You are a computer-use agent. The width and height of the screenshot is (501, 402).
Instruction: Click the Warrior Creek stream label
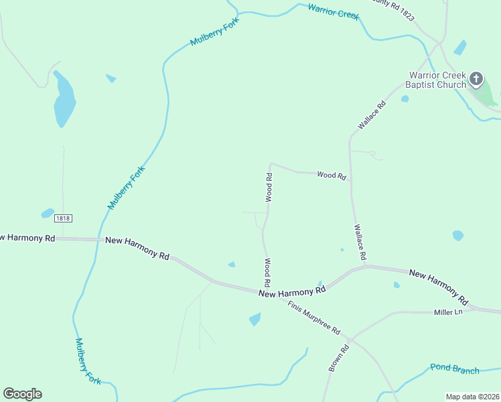tap(334, 11)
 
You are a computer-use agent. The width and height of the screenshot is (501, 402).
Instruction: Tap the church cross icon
tap(476, 79)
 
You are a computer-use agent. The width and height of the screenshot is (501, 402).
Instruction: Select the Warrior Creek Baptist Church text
tap(435, 80)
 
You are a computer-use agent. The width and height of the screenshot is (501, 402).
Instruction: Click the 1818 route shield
tap(63, 218)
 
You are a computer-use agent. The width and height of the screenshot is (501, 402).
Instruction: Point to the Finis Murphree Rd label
tap(314, 318)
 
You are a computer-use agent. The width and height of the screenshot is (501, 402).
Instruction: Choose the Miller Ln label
tap(448, 312)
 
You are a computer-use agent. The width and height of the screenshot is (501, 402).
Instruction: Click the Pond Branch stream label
tap(455, 370)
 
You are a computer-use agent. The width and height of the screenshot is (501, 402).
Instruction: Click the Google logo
tap(22, 394)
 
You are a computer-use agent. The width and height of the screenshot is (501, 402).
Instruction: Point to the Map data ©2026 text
tap(472, 397)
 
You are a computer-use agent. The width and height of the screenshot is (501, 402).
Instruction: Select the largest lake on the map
tap(64, 99)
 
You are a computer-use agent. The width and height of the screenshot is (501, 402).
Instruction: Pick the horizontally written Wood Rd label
tap(332, 176)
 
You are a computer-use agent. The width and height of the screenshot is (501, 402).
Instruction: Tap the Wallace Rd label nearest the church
tap(372, 115)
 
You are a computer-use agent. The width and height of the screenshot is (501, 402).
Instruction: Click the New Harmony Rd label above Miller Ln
tap(438, 283)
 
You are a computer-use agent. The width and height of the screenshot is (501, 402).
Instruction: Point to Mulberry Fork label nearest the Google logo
tap(88, 360)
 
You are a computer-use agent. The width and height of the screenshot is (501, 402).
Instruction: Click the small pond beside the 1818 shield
tap(47, 213)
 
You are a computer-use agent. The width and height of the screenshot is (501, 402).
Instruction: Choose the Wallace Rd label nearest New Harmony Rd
tap(360, 242)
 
